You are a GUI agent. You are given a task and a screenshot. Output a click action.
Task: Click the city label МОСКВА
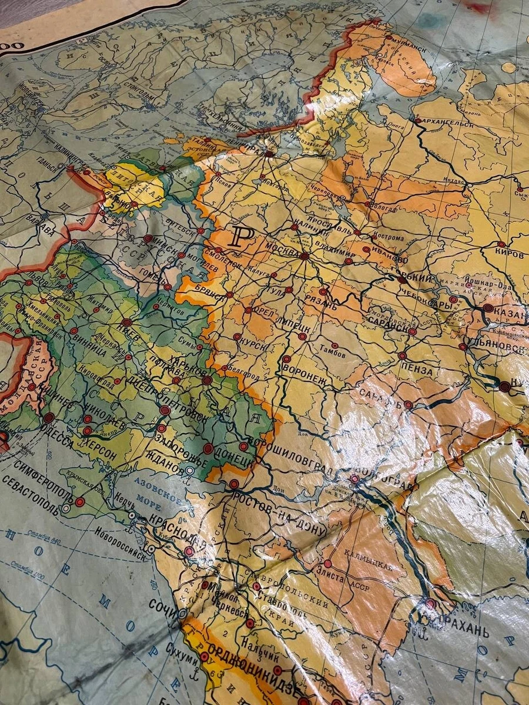[x=282, y=249]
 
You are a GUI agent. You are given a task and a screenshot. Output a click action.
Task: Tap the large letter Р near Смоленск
[x=243, y=237]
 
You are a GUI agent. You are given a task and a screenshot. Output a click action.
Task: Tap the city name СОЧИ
[x=163, y=605]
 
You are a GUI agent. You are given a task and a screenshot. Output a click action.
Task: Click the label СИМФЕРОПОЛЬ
[x=36, y=482]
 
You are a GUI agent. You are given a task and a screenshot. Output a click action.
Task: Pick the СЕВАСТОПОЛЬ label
[x=31, y=498]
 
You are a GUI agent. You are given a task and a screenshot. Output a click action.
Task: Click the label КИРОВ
[x=509, y=255]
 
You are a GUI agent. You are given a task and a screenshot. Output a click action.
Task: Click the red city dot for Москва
[x=304, y=256]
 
